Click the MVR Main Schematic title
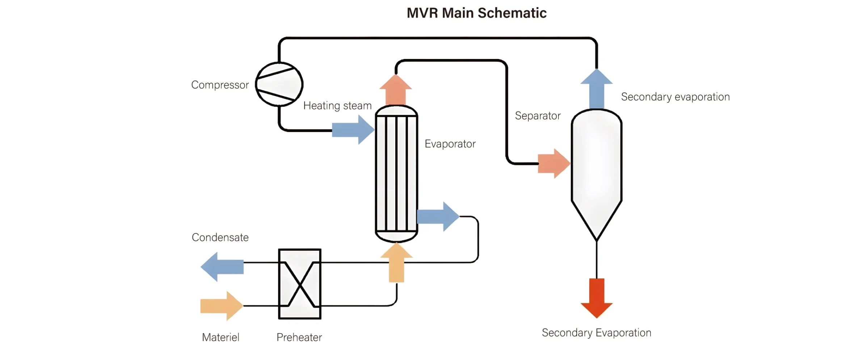coord(476,13)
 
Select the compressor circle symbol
coord(279,84)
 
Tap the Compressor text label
coord(220,85)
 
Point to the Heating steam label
coord(337,106)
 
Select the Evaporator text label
coord(450,144)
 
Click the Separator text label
coord(538,116)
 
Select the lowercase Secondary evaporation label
coord(675,97)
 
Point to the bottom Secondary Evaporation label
coord(596,333)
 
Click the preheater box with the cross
coord(300,284)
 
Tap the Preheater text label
coord(299,338)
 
